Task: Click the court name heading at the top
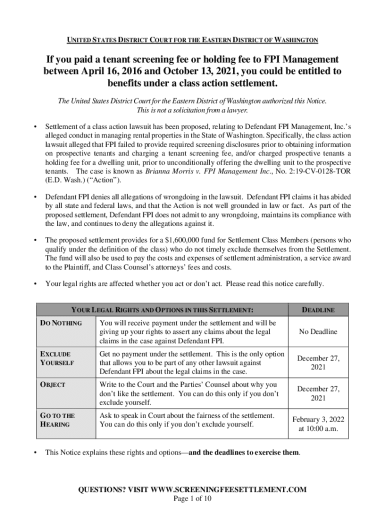[192, 39]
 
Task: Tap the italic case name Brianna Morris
[167, 171]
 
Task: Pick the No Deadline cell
[318, 331]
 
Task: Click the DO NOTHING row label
[61, 323]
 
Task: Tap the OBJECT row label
[52, 385]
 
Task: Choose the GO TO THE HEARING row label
[57, 420]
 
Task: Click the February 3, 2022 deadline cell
[318, 424]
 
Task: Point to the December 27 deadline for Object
[318, 393]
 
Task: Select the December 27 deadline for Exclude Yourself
[318, 362]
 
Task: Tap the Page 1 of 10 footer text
[192, 499]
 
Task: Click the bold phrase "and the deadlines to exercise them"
[244, 453]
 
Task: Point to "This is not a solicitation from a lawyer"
[192, 110]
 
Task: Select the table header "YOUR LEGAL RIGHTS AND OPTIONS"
[158, 310]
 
